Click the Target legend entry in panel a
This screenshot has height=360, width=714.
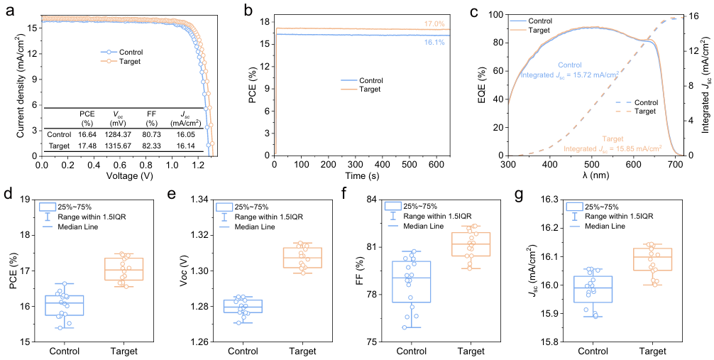click(129, 62)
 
